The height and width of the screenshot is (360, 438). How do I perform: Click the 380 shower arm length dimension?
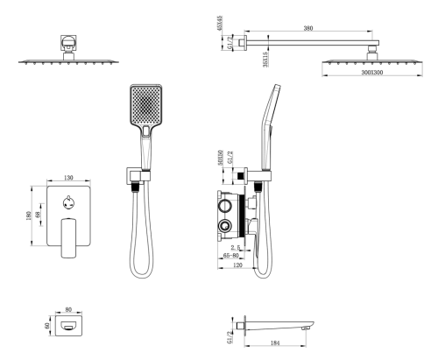pos(308,28)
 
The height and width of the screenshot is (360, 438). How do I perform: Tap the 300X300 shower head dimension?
pos(372,72)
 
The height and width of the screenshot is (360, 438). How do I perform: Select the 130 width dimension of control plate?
pos(68,178)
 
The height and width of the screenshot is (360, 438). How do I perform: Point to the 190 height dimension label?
pos(29,215)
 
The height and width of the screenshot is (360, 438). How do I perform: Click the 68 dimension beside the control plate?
pos(38,215)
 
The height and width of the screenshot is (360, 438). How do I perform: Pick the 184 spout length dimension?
pos(275,342)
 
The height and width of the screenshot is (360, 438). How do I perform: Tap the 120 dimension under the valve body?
pos(238,265)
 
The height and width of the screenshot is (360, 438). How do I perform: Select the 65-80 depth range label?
pos(230,256)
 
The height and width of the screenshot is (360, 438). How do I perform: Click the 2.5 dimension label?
pos(236,248)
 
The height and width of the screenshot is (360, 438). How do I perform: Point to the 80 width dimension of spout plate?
pos(68,309)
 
